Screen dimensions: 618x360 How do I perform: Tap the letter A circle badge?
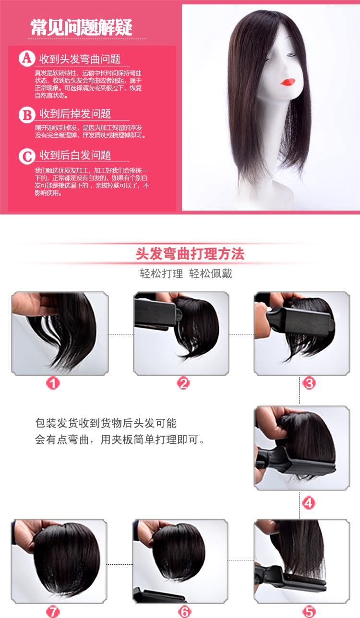(26, 59)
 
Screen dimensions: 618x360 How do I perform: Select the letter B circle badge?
(26, 114)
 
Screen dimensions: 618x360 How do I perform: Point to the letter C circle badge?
(26, 156)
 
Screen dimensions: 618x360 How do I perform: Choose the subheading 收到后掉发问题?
(75, 114)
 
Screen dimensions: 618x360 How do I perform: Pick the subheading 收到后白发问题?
(75, 155)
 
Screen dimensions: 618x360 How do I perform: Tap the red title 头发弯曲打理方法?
(190, 254)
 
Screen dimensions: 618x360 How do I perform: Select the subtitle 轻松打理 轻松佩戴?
(186, 274)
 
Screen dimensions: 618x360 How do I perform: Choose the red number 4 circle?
(309, 503)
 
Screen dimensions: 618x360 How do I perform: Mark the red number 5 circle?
(309, 611)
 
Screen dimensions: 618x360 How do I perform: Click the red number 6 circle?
(185, 611)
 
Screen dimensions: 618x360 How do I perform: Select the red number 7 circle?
(53, 611)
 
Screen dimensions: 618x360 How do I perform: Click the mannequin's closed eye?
(289, 54)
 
